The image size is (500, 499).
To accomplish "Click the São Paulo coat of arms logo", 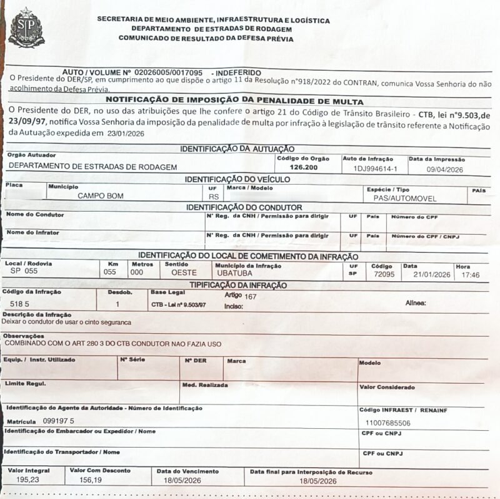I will (x=26, y=28).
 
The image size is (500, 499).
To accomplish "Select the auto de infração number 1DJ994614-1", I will (x=375, y=169).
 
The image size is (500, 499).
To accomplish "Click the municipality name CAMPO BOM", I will (x=100, y=196).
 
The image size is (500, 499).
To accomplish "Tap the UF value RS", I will (x=214, y=197).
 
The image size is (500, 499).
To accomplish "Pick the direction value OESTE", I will (x=184, y=273).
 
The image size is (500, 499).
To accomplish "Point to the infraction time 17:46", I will (x=471, y=275).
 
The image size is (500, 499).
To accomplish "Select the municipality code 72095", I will (x=383, y=274).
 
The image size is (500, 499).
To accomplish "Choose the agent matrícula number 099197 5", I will (x=58, y=420).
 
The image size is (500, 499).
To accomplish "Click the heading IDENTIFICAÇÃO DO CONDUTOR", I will (x=244, y=207).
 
